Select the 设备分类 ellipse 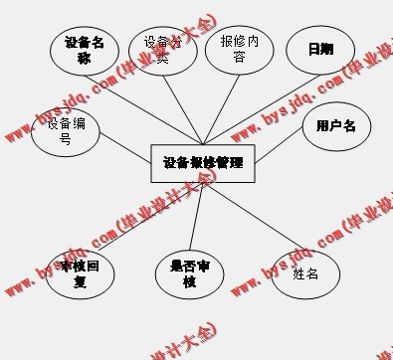click(163, 49)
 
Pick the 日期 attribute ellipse click(319, 49)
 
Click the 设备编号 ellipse click(65, 130)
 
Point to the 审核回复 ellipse click(80, 272)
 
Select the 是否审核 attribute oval click(190, 272)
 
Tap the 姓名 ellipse click(305, 272)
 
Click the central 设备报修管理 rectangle click(202, 162)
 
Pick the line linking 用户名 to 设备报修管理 click(274, 147)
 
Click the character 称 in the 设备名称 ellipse click(84, 58)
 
